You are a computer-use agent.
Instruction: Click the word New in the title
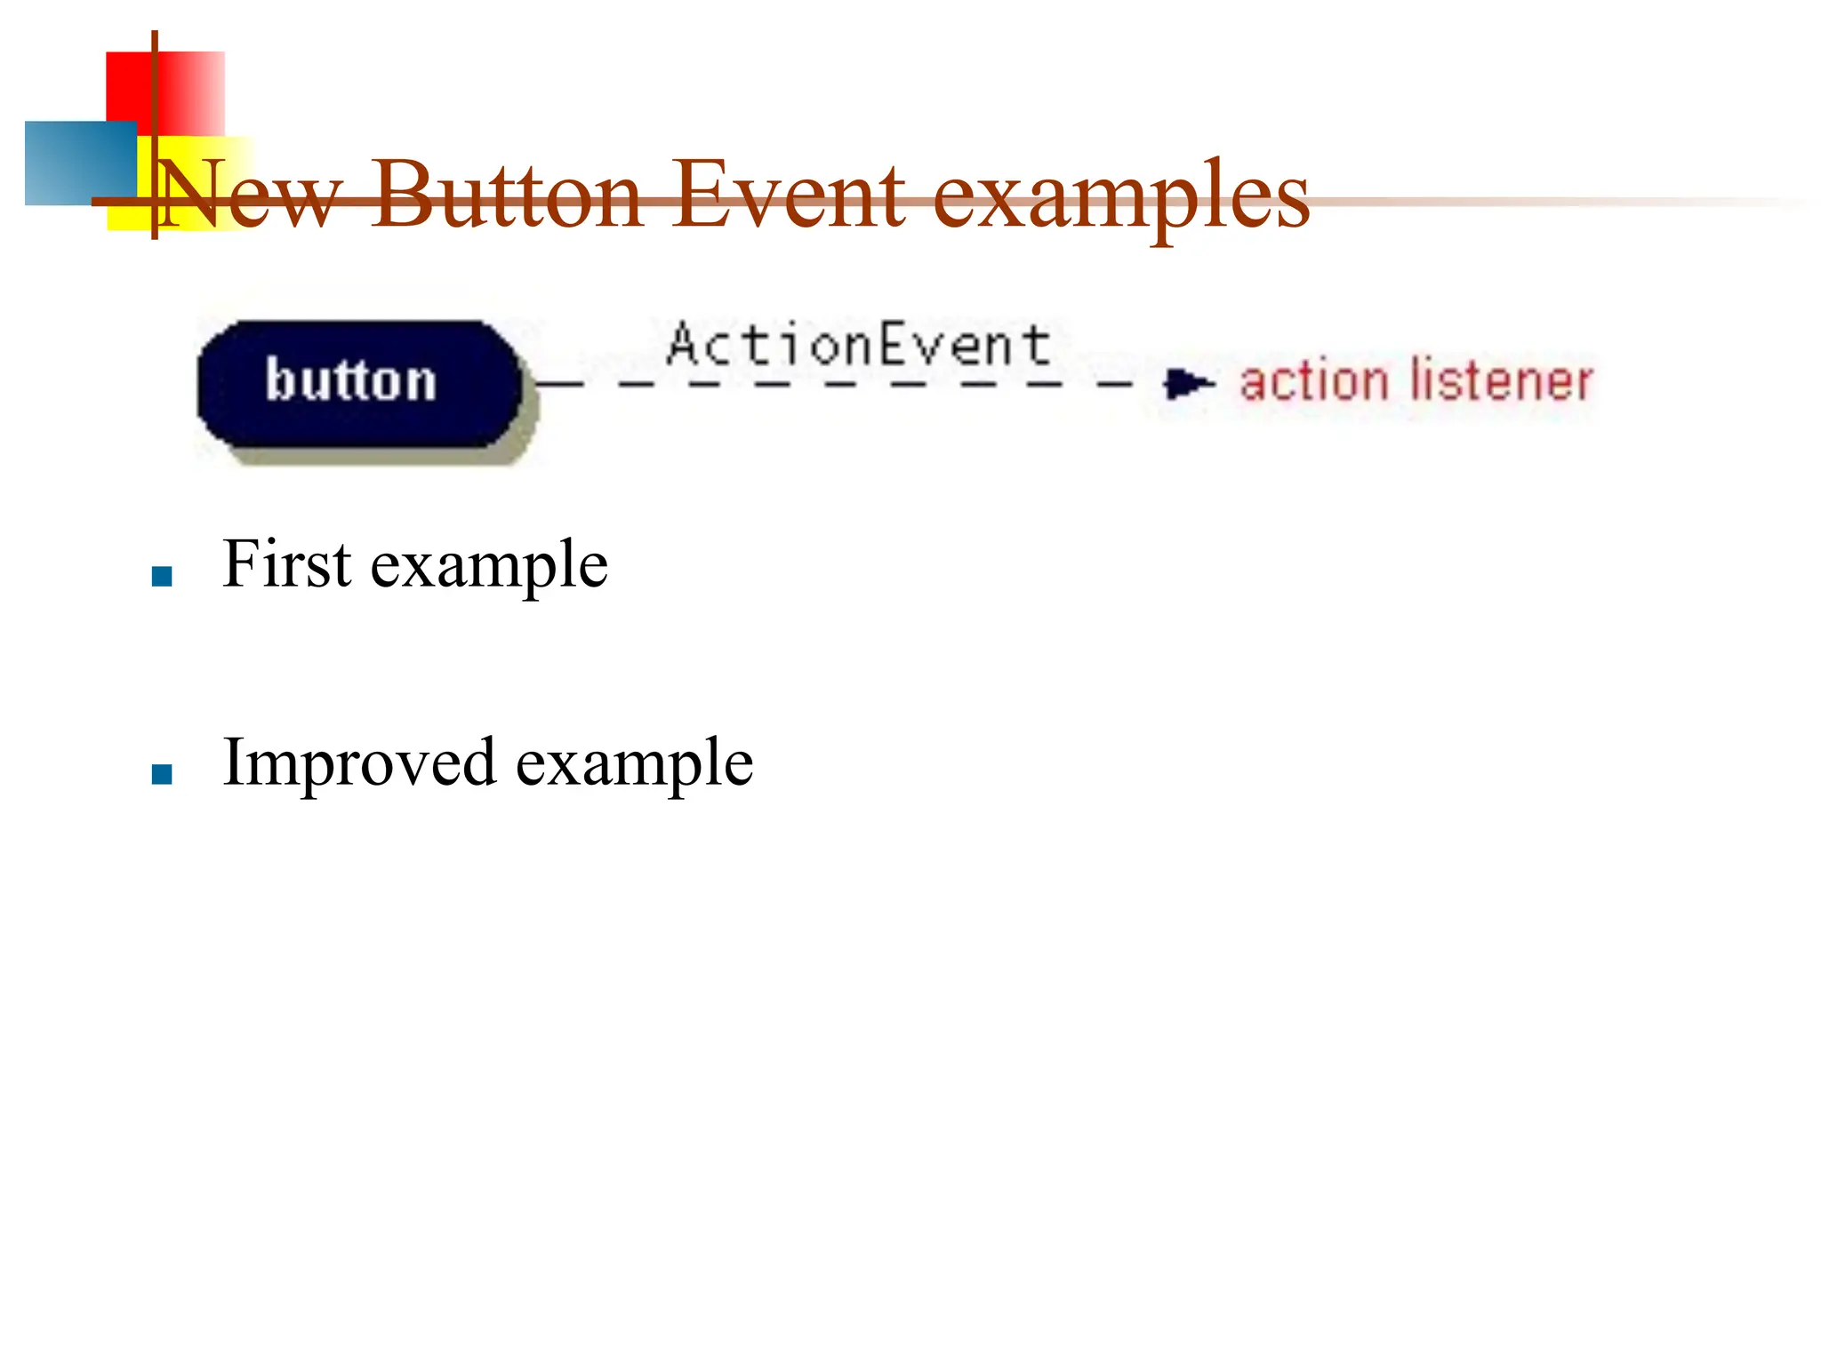[x=248, y=196]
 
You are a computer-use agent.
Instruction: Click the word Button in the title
[x=506, y=196]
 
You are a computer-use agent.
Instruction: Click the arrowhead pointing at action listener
[x=1187, y=384]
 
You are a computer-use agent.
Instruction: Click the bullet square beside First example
[x=162, y=578]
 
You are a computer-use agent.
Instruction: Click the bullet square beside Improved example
[x=162, y=775]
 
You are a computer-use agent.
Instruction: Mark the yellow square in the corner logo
[x=191, y=187]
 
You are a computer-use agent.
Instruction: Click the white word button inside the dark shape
[x=351, y=380]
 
